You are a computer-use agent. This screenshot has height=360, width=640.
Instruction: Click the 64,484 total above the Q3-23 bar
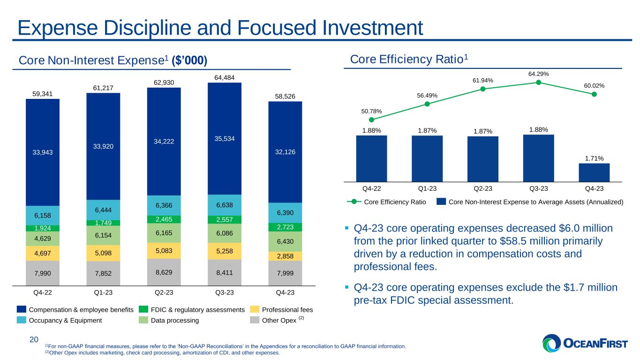coord(224,77)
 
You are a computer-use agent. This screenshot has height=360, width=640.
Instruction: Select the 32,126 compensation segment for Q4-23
coord(285,152)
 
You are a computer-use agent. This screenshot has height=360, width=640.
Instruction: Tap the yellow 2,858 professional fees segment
coord(285,256)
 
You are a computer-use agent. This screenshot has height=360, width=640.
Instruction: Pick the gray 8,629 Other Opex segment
coord(164,272)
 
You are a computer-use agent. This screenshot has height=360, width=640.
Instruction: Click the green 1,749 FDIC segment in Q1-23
coord(103,223)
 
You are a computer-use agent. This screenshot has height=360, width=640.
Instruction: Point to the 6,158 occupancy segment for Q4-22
coord(43,216)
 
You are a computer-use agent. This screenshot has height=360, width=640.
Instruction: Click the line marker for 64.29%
coord(539,82)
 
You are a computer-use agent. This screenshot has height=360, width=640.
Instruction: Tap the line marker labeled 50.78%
coord(371,120)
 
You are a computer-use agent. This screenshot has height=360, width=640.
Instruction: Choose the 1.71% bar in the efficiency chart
coord(594,172)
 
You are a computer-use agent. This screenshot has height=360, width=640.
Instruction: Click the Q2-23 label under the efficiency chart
coord(483,189)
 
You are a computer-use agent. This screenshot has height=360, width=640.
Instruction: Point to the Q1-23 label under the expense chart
coord(103,292)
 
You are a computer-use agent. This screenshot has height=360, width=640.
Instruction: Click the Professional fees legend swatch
coord(254,309)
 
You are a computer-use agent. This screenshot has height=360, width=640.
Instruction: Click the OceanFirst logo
coord(584,343)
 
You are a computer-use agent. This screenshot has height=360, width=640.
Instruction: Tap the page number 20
coord(34,339)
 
